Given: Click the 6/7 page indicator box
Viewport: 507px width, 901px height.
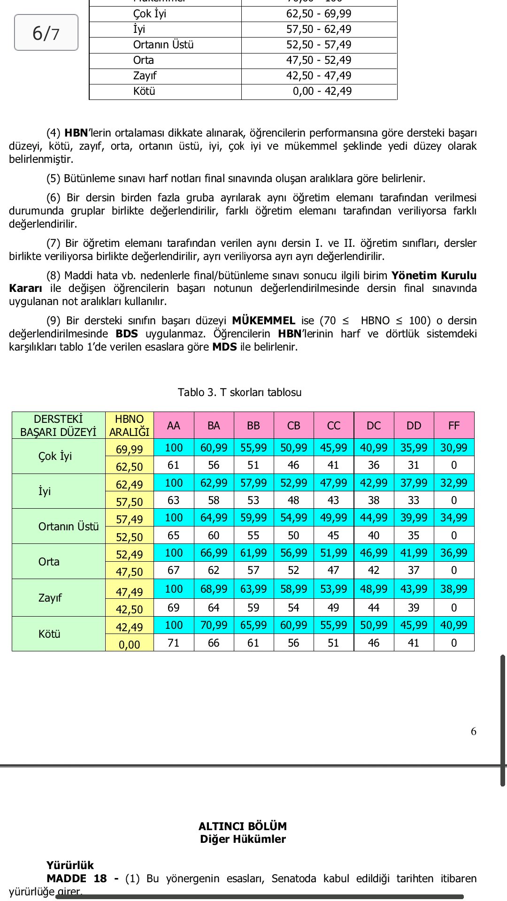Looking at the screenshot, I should click(x=46, y=33).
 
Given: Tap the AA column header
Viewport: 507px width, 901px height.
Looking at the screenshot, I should click(x=174, y=426).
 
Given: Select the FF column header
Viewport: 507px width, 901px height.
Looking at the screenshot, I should click(x=453, y=426).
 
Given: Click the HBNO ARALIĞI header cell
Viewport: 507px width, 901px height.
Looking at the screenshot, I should click(x=129, y=426).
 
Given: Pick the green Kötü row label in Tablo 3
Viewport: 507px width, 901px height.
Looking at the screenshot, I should click(x=49, y=634).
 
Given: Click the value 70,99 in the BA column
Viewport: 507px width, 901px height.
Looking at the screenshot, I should click(x=214, y=625).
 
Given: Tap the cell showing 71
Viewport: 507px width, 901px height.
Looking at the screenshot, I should click(x=174, y=643).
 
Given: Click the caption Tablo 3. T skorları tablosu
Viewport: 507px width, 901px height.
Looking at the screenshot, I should click(x=239, y=392).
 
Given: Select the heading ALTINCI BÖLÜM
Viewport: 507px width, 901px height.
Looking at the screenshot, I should click(x=242, y=826).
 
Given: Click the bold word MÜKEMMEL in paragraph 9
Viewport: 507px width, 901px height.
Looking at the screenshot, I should click(x=263, y=321).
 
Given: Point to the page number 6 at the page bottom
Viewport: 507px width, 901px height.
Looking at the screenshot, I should click(x=473, y=732).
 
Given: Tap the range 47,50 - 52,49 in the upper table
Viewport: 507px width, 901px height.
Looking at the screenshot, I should click(x=319, y=61).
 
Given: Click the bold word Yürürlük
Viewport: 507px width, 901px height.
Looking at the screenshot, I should click(x=70, y=865).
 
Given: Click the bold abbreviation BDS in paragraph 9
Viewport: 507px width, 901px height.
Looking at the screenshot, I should click(x=127, y=334).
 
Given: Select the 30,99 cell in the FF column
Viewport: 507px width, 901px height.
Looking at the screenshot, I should click(x=453, y=448).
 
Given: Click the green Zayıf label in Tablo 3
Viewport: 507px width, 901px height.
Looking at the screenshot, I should click(x=50, y=598).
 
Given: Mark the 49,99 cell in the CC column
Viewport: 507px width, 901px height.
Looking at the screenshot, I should click(x=333, y=518).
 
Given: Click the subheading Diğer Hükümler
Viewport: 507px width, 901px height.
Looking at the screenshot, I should click(x=243, y=839).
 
